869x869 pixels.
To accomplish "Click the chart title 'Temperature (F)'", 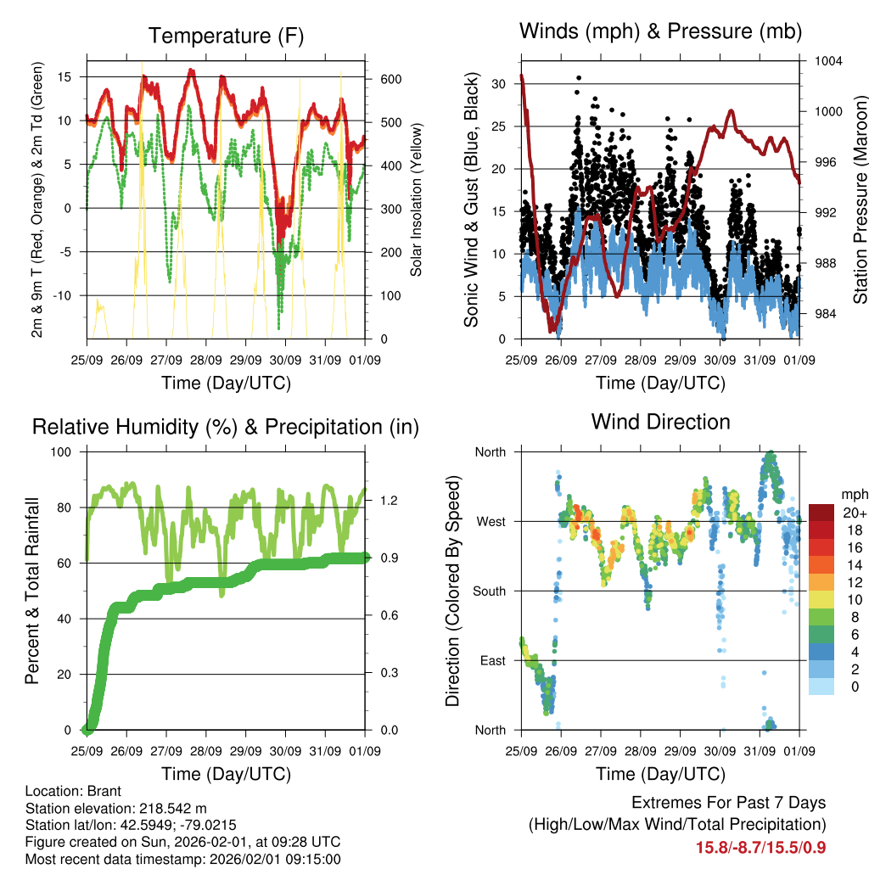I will (x=226, y=36).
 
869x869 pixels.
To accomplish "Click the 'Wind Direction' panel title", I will (x=660, y=421).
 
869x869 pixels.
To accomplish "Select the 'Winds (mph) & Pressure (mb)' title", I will (x=660, y=31).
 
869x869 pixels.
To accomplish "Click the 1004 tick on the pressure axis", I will (x=827, y=61).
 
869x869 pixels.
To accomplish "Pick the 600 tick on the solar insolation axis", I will (x=391, y=79).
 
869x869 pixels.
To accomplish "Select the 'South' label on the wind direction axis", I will (x=489, y=591).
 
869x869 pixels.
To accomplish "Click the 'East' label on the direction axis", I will (x=491, y=660).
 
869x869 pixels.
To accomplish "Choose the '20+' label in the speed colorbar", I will (x=855, y=513).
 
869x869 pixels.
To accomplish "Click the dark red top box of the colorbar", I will (x=822, y=513).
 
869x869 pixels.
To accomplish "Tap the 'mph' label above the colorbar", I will (x=853, y=494).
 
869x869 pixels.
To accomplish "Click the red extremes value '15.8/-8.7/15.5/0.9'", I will (x=760, y=847).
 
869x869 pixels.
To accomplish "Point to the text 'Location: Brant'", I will (x=74, y=791).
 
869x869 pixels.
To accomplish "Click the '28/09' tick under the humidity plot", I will (x=206, y=751).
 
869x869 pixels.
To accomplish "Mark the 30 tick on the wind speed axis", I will (x=499, y=84).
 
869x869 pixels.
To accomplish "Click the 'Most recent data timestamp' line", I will (x=182, y=859).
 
